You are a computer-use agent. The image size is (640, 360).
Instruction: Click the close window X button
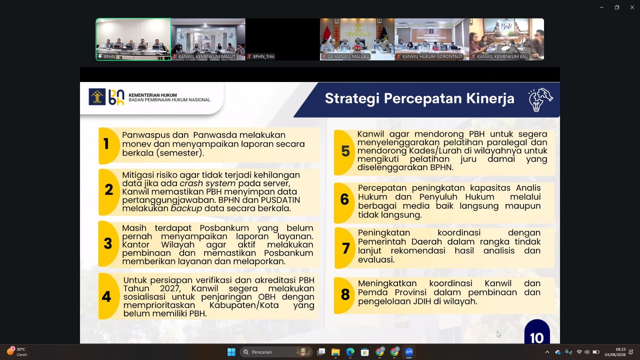point(632,8)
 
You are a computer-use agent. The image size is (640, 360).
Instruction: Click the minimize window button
point(602,8)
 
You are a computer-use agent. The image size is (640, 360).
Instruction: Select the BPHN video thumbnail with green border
point(134,40)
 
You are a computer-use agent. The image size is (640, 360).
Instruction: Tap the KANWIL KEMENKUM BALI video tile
point(506,40)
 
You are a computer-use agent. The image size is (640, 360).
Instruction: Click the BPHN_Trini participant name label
point(264,56)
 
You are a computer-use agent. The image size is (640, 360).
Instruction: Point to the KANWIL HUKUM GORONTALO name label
point(432,56)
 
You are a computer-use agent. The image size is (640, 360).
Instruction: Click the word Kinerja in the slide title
point(490,98)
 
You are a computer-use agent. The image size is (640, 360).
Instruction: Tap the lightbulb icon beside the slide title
point(540,100)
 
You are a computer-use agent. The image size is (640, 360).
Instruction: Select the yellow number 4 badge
point(108,296)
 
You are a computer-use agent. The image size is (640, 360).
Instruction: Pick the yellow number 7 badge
point(344,248)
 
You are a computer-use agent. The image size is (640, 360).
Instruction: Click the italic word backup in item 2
point(186,208)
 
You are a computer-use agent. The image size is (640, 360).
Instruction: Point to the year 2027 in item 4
point(170,288)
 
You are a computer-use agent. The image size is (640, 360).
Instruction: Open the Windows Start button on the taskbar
point(232,352)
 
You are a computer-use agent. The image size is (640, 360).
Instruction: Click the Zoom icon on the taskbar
point(409,352)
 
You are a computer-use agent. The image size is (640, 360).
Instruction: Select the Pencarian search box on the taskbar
point(276,352)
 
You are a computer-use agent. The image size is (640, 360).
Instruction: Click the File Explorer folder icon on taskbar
point(336,352)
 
